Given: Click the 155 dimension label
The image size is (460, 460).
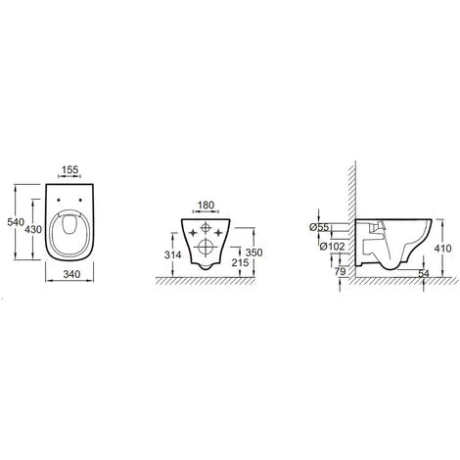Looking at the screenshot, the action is (70, 169).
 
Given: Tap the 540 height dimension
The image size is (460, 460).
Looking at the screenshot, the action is (16, 222).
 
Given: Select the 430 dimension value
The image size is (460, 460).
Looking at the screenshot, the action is (33, 230).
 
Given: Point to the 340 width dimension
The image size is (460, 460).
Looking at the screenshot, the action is (71, 274).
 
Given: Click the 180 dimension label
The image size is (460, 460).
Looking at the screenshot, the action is (206, 206).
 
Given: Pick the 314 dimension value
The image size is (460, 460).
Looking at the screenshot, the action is (172, 254).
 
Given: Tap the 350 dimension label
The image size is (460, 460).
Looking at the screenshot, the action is (253, 253).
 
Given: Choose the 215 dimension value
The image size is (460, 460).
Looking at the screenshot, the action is (240, 262).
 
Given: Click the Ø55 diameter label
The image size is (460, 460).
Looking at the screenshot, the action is (319, 227).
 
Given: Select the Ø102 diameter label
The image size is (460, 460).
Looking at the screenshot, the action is (332, 247).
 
